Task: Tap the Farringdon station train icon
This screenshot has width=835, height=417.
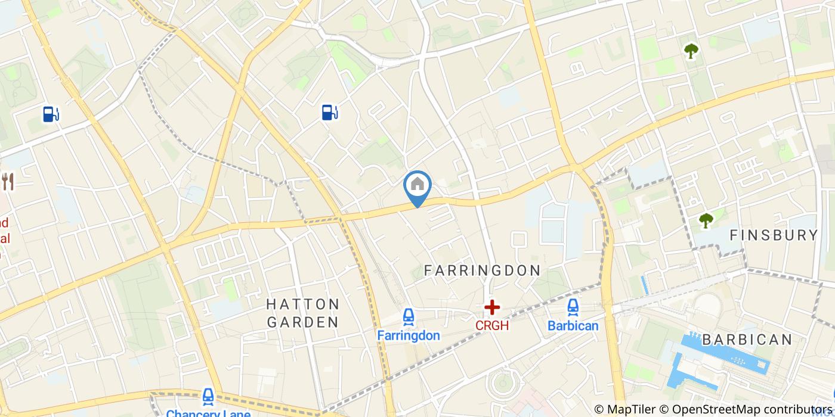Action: (x=409, y=318)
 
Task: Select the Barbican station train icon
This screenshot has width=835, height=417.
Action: (x=573, y=307)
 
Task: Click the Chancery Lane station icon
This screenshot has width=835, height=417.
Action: (x=208, y=396)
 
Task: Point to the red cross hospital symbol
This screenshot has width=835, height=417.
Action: (x=492, y=307)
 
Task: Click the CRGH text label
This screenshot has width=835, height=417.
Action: (x=492, y=326)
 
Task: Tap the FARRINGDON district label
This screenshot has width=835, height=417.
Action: (x=482, y=270)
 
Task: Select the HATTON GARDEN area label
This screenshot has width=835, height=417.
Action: (x=302, y=313)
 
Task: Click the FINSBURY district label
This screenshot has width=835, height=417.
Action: (x=774, y=235)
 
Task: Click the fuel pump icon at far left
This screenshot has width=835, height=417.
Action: (x=51, y=113)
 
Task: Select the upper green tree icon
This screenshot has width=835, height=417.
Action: (x=691, y=51)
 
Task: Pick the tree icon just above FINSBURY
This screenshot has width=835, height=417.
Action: (x=706, y=220)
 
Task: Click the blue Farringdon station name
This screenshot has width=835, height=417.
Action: (x=409, y=335)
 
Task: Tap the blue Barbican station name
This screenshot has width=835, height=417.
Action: (x=573, y=326)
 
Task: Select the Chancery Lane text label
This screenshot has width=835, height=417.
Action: (x=208, y=412)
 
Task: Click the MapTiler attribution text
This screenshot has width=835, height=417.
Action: (x=630, y=409)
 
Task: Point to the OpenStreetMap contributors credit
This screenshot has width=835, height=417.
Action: (x=753, y=409)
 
